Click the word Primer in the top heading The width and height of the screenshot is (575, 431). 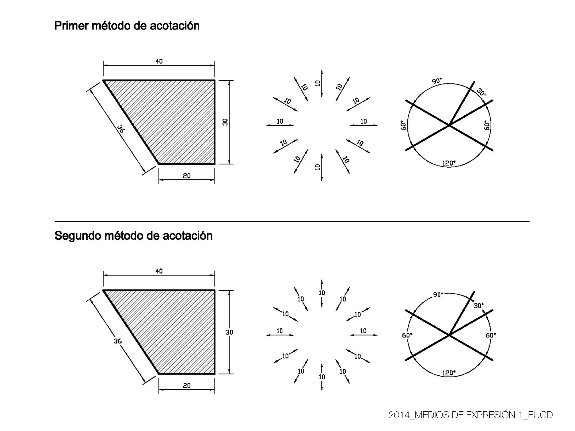point(71,26)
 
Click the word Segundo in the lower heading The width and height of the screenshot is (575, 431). point(77,236)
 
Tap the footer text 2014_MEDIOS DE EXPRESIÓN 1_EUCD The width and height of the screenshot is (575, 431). point(471,415)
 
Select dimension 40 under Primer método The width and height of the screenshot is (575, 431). point(159,61)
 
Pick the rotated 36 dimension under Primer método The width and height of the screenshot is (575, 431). point(121,129)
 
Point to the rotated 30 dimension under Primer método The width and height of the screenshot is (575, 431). point(225,122)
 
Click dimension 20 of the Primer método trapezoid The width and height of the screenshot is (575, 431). point(187,176)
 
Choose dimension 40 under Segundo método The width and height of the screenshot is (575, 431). point(159,271)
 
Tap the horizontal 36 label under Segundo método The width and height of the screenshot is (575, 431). point(117,341)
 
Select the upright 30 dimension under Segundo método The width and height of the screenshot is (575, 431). point(229,332)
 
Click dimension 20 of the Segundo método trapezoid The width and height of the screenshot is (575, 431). point(187,386)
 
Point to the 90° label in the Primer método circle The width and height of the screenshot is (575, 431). point(437,81)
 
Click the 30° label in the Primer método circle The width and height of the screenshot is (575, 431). point(482,92)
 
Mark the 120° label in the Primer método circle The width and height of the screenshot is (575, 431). point(449,163)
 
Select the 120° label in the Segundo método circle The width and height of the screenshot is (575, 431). point(449,373)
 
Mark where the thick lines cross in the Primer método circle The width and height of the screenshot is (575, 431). point(449,125)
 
